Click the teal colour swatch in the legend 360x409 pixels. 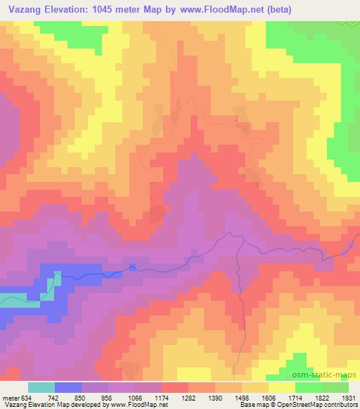click(41, 387)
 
